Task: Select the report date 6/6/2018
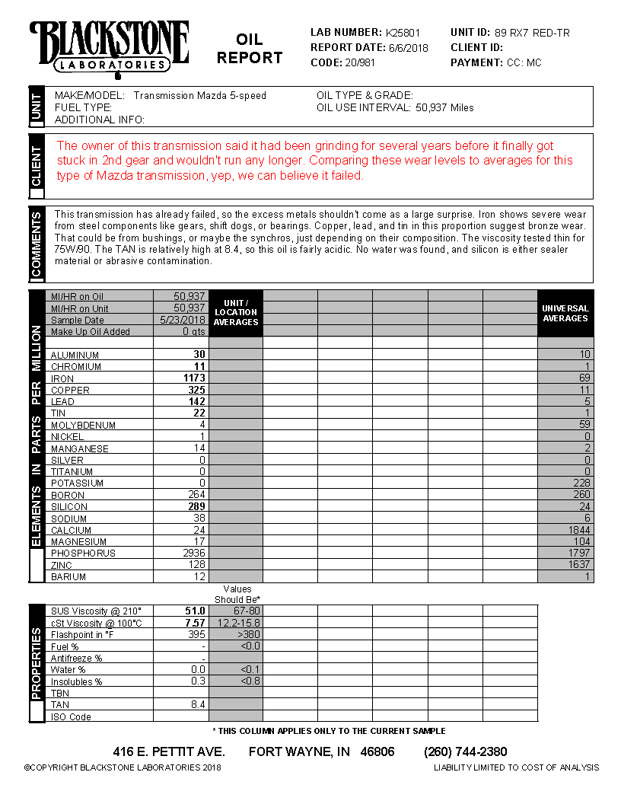tap(409, 48)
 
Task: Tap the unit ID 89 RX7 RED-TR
tap(532, 33)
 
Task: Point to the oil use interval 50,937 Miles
tap(444, 108)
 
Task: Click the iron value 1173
tap(195, 378)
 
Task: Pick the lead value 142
tap(197, 401)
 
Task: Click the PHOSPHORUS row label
tap(83, 554)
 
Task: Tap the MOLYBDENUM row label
tap(83, 425)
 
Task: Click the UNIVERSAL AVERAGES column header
tap(565, 314)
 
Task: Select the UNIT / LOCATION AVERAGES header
tap(236, 313)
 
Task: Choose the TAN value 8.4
tap(198, 705)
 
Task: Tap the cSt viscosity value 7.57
tap(196, 623)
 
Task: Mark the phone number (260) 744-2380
tap(466, 752)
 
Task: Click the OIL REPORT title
tap(250, 49)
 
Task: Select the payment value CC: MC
tap(524, 62)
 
